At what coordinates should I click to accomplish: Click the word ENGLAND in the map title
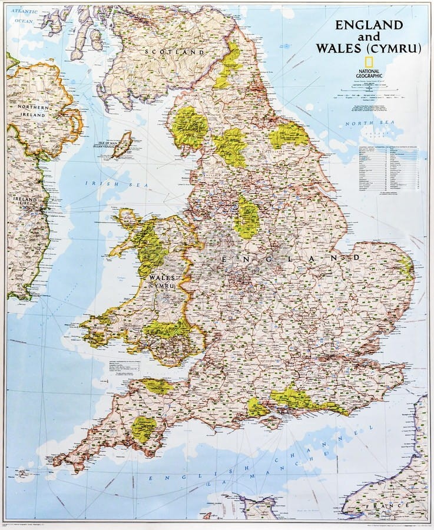click(369, 25)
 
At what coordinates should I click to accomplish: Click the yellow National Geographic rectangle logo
click(368, 64)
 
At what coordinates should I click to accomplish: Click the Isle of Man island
click(122, 144)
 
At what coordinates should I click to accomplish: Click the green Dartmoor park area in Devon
click(143, 429)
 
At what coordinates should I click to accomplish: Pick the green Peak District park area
click(246, 217)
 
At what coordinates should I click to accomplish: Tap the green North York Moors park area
click(289, 135)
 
